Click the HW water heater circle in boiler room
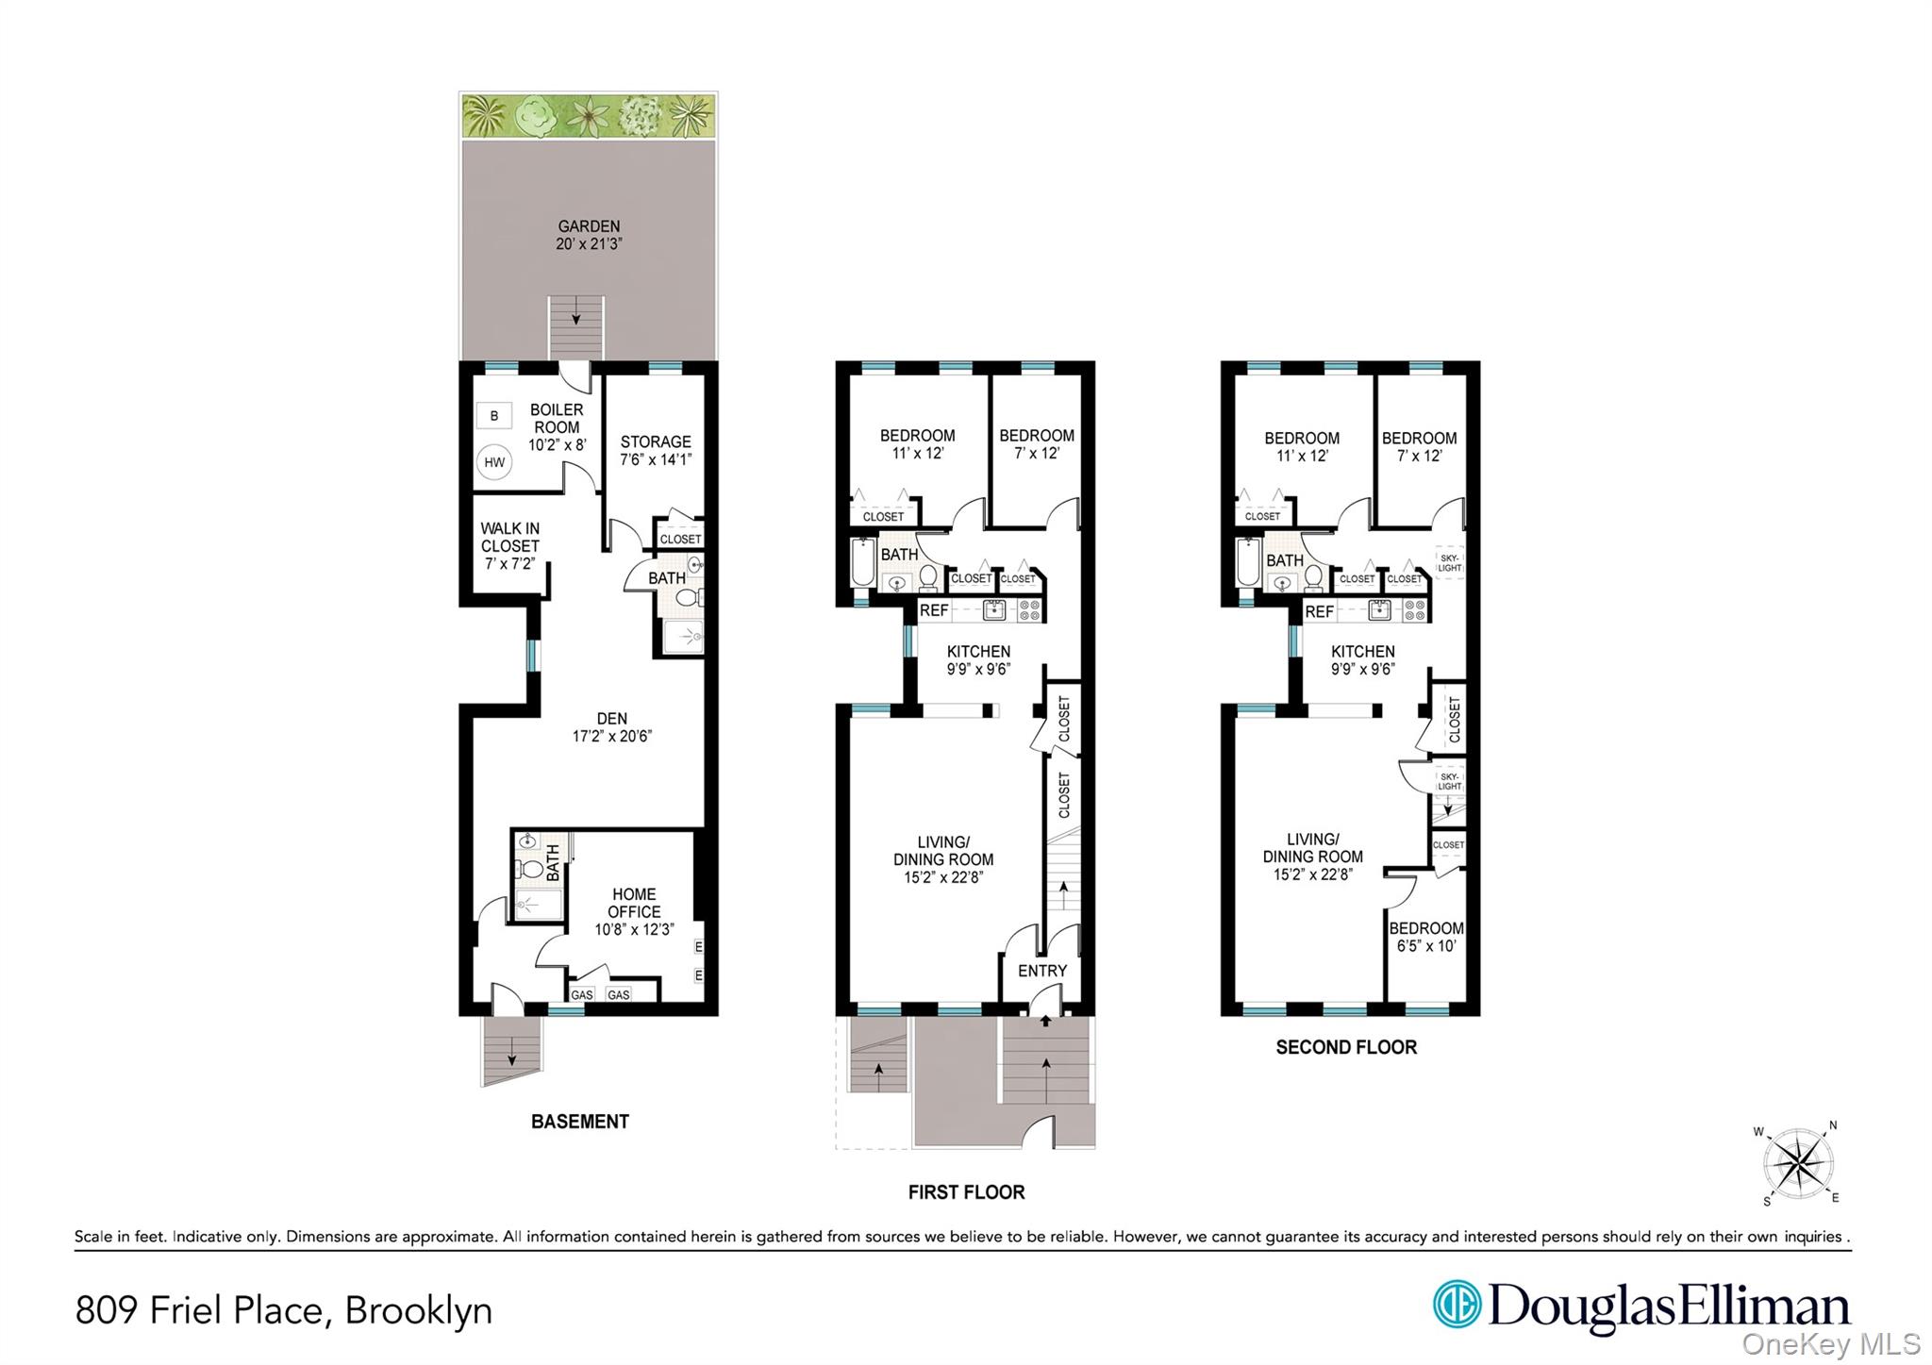(494, 462)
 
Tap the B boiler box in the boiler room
(494, 415)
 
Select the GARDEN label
(589, 226)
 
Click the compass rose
(1799, 1163)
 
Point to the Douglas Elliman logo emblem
(1457, 1304)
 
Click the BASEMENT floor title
(579, 1122)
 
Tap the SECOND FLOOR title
(1346, 1047)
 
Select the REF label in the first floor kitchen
(934, 610)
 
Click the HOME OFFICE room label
(634, 903)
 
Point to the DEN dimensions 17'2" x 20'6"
(612, 736)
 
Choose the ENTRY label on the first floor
(1042, 971)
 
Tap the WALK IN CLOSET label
(509, 537)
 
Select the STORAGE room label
(656, 441)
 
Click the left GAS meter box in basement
(582, 994)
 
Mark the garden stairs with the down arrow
(576, 325)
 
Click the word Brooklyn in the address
(418, 1310)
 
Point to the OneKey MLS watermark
(1830, 1343)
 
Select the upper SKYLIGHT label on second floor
(1449, 563)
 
